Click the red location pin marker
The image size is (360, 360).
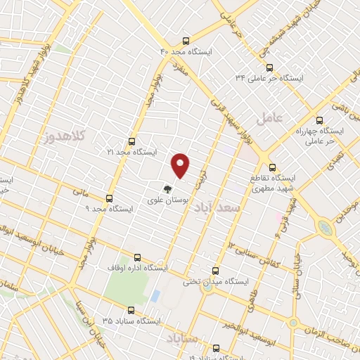(x=181, y=165)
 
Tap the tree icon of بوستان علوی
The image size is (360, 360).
(x=167, y=188)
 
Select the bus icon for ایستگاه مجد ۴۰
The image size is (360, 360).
(x=186, y=41)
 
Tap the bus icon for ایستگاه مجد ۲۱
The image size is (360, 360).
(x=132, y=141)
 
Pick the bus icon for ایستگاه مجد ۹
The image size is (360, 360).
(x=108, y=198)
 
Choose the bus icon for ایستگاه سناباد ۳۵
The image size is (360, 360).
(x=131, y=309)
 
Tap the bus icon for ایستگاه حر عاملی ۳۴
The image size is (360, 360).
(x=269, y=67)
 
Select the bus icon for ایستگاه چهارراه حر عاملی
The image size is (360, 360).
(x=320, y=120)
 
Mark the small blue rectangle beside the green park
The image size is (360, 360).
(x=155, y=296)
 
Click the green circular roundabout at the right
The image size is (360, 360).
(x=325, y=228)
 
